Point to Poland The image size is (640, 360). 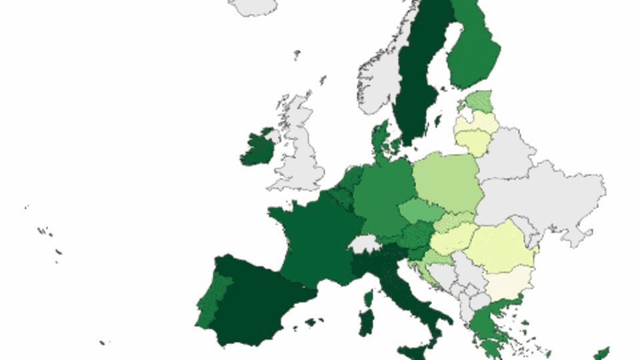click(447, 180)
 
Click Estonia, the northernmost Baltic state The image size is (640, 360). click(479, 103)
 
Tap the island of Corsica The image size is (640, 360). click(368, 297)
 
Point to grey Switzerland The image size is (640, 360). click(363, 243)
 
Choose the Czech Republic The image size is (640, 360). click(420, 212)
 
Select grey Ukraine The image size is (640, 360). click(547, 200)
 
